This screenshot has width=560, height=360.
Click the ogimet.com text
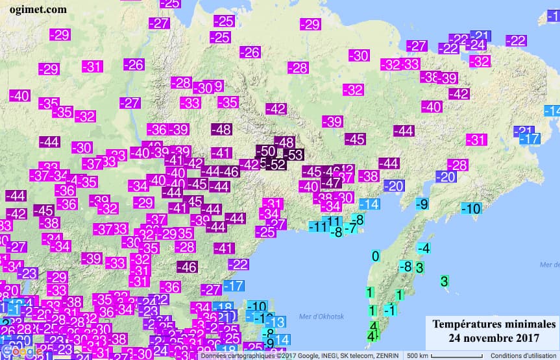click(x=38, y=9)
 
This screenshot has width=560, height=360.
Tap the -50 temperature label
click(x=266, y=151)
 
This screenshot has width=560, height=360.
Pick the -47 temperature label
click(x=330, y=182)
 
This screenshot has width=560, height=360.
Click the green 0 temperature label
click(x=375, y=256)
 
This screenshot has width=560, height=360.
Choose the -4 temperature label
click(x=424, y=248)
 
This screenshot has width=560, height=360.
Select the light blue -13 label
click(x=276, y=322)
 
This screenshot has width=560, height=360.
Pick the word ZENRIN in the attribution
click(x=385, y=355)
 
